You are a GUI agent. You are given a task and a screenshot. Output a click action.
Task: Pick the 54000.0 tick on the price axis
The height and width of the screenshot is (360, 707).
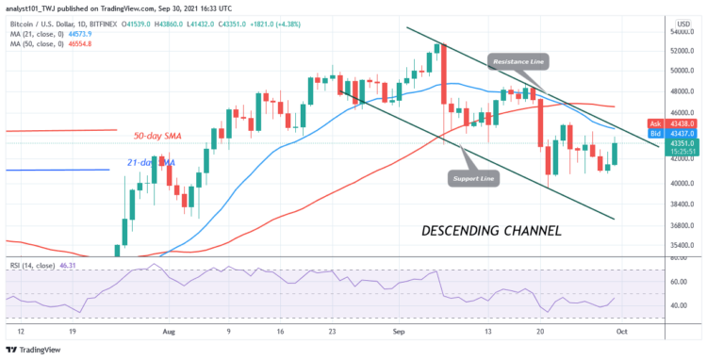[x=682, y=31]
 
